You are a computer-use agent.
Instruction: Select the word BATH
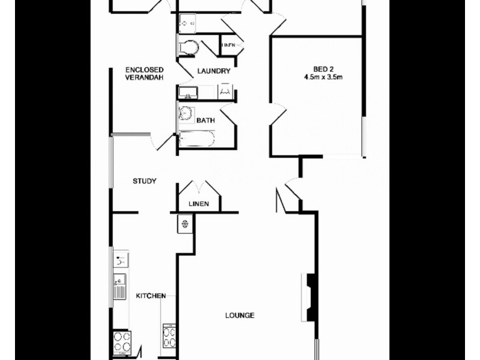tap(206, 121)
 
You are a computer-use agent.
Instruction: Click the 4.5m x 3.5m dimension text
tap(327, 77)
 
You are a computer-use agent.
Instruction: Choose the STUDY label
tap(145, 181)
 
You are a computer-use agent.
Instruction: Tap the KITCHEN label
tap(151, 296)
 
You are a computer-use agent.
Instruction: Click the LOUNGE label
tap(240, 316)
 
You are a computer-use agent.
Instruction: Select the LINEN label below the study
tap(199, 204)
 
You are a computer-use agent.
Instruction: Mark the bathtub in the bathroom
tap(196, 140)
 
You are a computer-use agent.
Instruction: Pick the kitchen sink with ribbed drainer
tap(119, 287)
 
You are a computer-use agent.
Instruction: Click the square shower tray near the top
tap(187, 22)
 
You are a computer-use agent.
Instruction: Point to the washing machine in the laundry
tap(226, 92)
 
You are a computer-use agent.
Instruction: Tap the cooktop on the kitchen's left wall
tap(122, 343)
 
